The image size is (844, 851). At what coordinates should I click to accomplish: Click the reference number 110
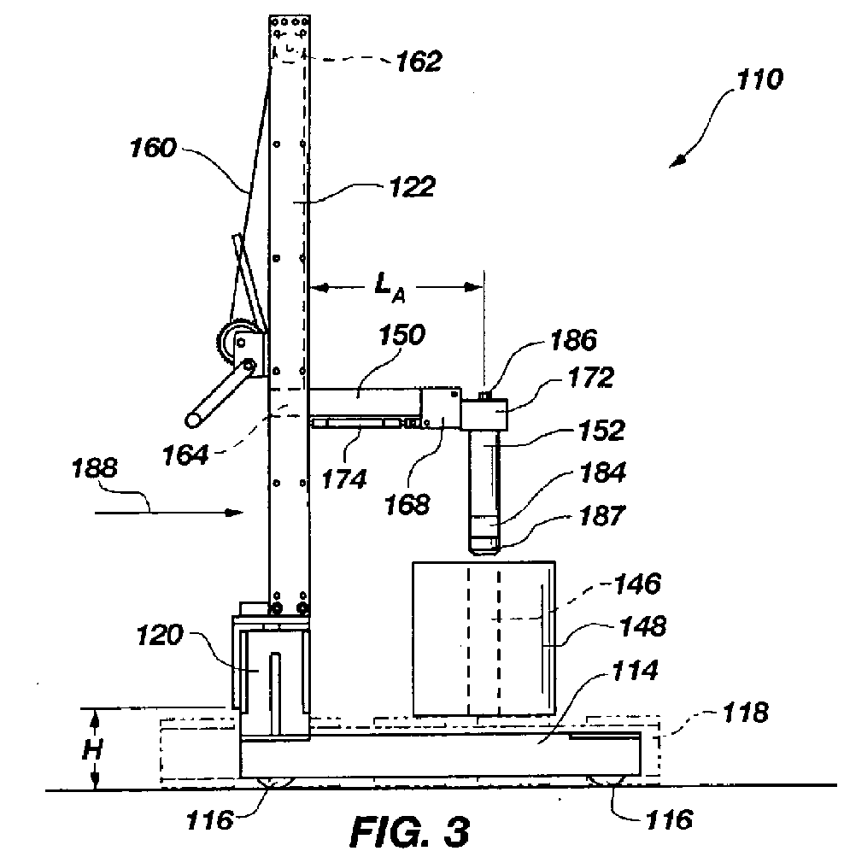pos(759,79)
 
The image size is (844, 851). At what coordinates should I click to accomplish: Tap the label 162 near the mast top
pos(419,61)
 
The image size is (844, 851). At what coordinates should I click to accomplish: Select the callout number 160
pos(153,148)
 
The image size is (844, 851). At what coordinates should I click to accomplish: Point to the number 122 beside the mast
pos(413,187)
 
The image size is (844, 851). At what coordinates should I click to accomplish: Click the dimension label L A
pos(390,287)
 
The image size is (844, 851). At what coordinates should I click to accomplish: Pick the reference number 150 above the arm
pos(401,334)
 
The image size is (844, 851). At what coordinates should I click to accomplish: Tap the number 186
pos(573,340)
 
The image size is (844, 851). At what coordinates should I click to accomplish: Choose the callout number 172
pos(590,378)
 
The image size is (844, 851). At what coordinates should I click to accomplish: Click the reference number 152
pos(601,431)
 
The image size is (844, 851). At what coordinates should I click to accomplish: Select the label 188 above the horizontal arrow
pos(95,468)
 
